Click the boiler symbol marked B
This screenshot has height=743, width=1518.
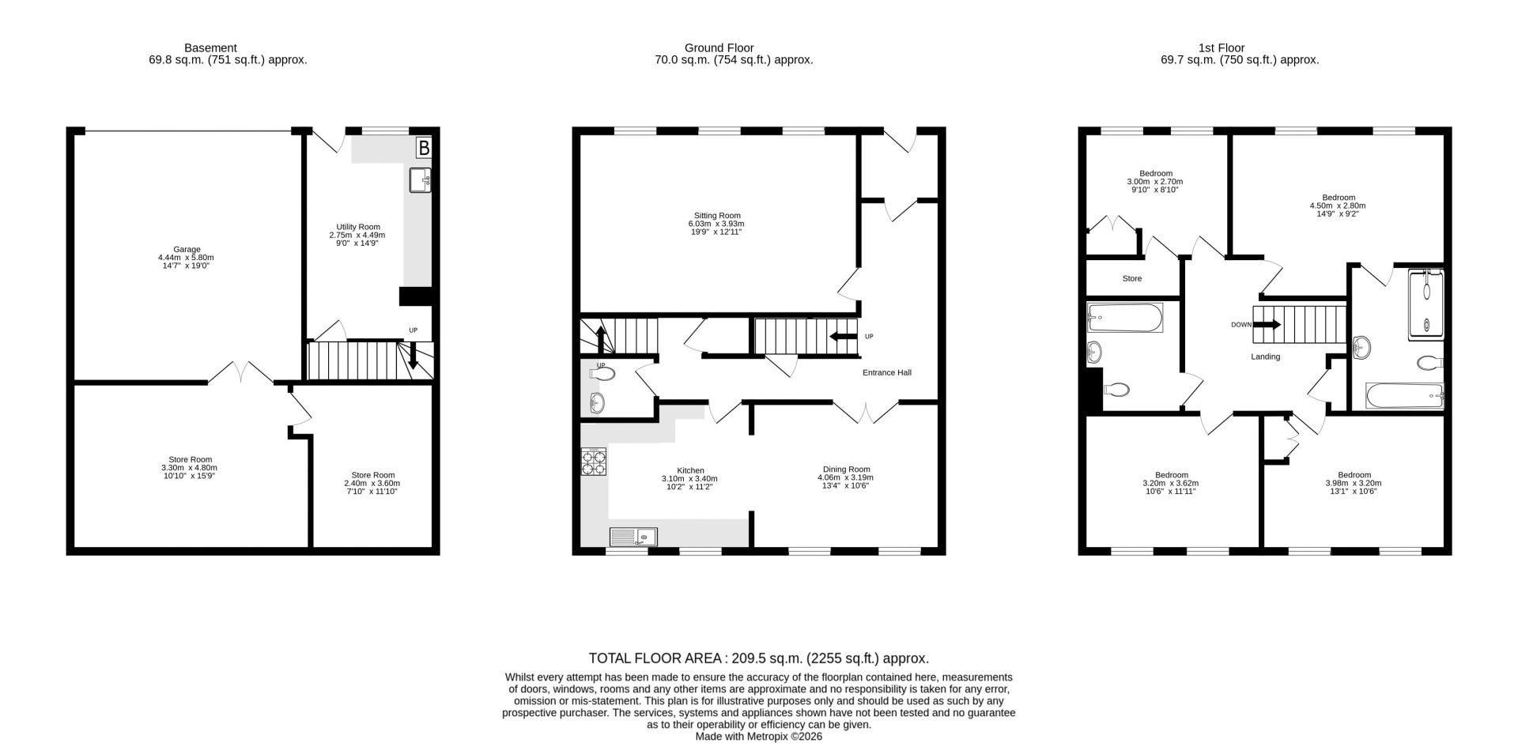[x=424, y=148]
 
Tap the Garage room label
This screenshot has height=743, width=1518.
[x=187, y=249]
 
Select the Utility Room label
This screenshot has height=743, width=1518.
[x=358, y=227]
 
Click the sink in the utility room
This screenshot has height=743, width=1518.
[x=421, y=180]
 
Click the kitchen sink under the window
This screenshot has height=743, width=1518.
[x=632, y=537]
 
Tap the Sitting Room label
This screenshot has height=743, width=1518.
[x=717, y=215]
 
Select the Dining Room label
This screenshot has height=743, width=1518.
[x=846, y=469]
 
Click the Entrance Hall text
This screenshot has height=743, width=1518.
[x=886, y=372]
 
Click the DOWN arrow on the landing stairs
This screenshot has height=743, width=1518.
[x=1267, y=324]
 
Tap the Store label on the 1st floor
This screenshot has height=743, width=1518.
[x=1132, y=278]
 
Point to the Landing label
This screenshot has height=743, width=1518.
[x=1265, y=356]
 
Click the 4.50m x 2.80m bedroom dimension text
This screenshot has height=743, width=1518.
[x=1338, y=206]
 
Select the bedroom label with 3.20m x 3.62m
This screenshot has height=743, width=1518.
[x=1171, y=475]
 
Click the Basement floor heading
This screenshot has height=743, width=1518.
[x=210, y=48]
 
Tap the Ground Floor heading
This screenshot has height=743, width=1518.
[x=719, y=48]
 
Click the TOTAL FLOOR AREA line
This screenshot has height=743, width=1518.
[x=758, y=658]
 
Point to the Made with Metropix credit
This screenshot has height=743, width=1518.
[x=759, y=736]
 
